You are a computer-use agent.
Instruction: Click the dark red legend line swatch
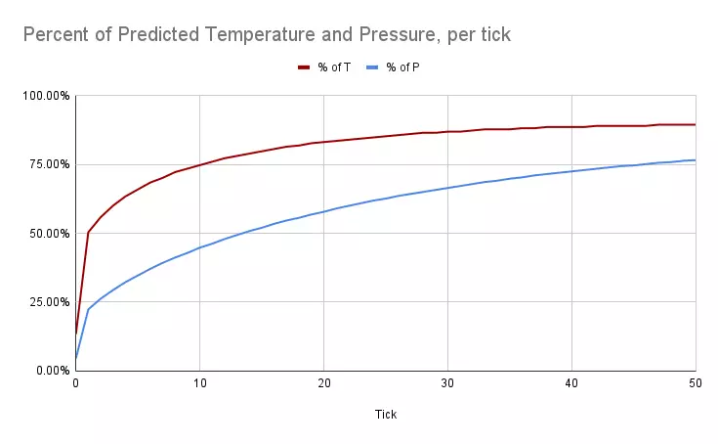(x=305, y=67)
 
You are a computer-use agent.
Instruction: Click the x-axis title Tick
(x=385, y=414)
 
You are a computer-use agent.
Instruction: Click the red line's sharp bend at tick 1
(x=88, y=233)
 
